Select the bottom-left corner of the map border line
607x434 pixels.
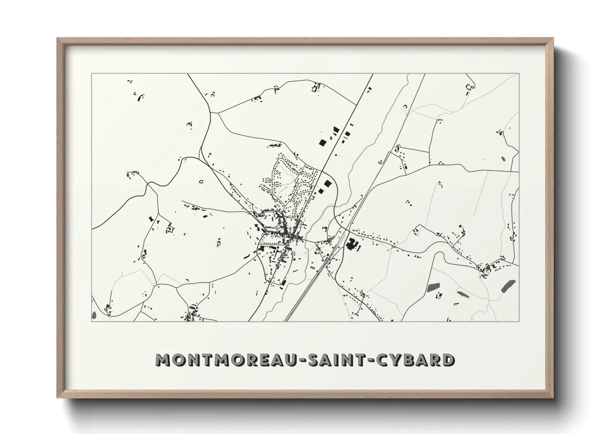pyautogui.click(x=91, y=322)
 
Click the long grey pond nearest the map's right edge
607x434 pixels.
pyautogui.click(x=508, y=286)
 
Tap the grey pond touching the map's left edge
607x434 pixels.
pyautogui.click(x=94, y=315)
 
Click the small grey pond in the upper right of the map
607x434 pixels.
pyautogui.click(x=503, y=158)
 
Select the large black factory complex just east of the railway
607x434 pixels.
pyautogui.click(x=351, y=245)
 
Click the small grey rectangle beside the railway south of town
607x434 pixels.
pyautogui.click(x=313, y=267)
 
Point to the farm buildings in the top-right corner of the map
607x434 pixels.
pyautogui.click(x=468, y=87)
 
